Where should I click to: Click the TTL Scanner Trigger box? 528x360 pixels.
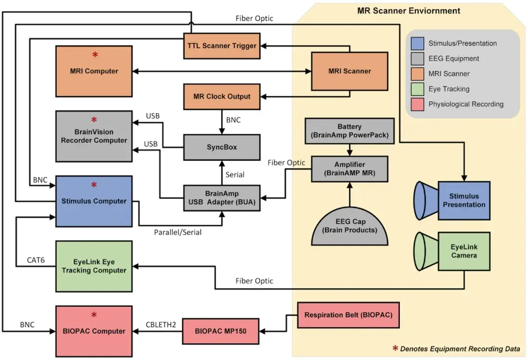[x=221, y=46]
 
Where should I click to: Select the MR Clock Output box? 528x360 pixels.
[x=221, y=96]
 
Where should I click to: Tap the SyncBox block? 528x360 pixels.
[x=221, y=147]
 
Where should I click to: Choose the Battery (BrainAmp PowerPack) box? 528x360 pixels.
[x=350, y=131]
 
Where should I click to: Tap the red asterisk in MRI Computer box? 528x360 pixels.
[x=94, y=54]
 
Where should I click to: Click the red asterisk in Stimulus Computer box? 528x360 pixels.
[x=94, y=185]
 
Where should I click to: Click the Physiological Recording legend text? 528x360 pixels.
[x=465, y=104]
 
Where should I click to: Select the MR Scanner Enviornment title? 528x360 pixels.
[x=409, y=10]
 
